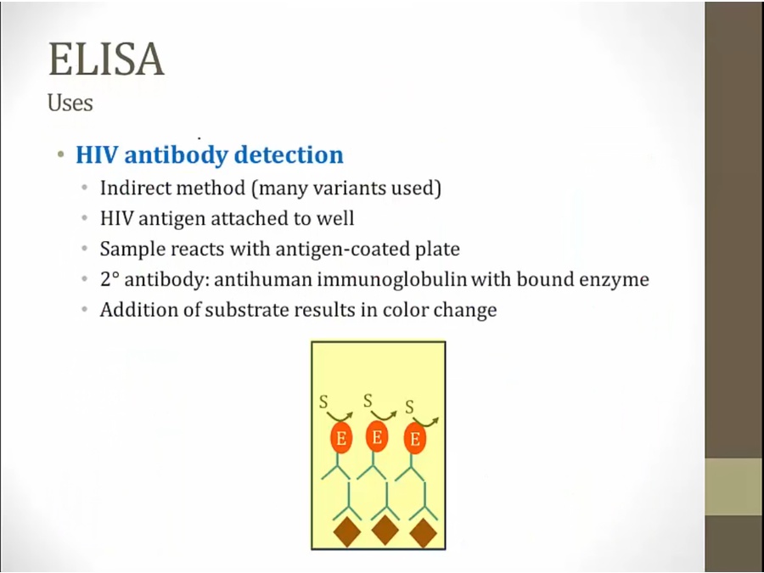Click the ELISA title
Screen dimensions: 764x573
click(x=106, y=59)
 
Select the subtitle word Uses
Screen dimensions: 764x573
click(x=70, y=103)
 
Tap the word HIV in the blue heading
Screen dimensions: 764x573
click(x=97, y=154)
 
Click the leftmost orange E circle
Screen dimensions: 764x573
click(x=341, y=437)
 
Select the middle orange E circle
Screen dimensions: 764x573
click(x=377, y=436)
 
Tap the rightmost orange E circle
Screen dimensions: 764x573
click(x=414, y=438)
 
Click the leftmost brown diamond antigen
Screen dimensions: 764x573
click(x=347, y=531)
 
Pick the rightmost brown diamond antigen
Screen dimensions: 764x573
click(x=423, y=532)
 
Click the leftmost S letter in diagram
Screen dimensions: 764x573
click(x=323, y=402)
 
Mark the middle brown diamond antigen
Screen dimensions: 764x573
click(x=385, y=530)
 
